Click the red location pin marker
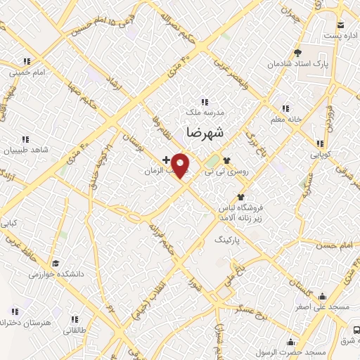point(181,165)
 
